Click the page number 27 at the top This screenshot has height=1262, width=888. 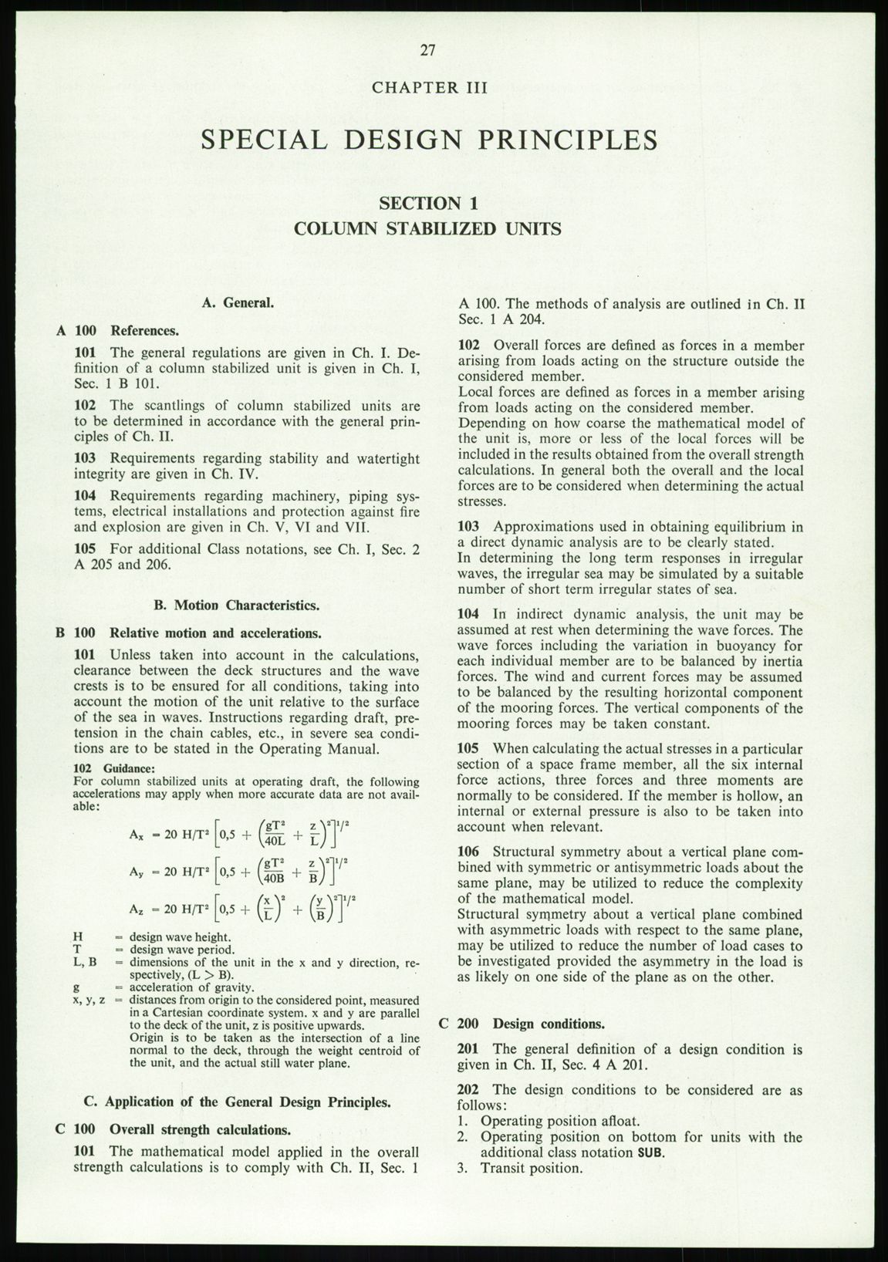click(429, 51)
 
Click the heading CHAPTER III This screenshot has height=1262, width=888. click(430, 87)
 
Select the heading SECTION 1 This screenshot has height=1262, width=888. click(429, 204)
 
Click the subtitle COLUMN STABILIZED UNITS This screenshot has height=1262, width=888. click(428, 229)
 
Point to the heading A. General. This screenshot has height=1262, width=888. click(238, 303)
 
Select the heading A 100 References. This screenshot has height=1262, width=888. click(118, 331)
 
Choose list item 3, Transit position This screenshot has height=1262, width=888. click(525, 1168)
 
